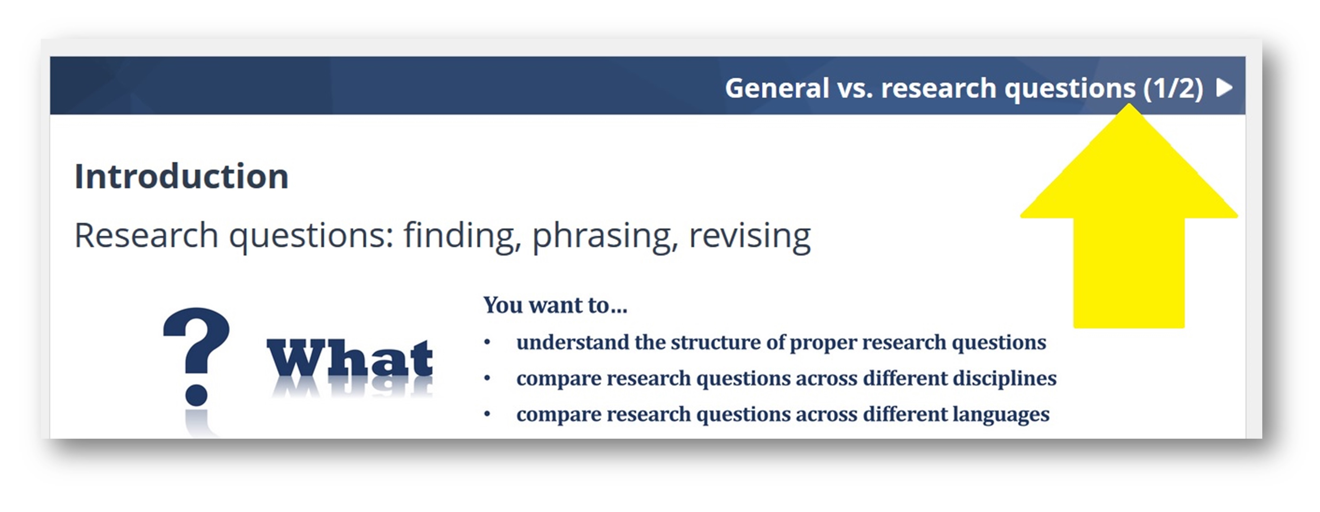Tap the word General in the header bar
pos(777,88)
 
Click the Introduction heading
pos(181,176)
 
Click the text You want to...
pos(555,305)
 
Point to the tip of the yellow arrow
pos(1129,104)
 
